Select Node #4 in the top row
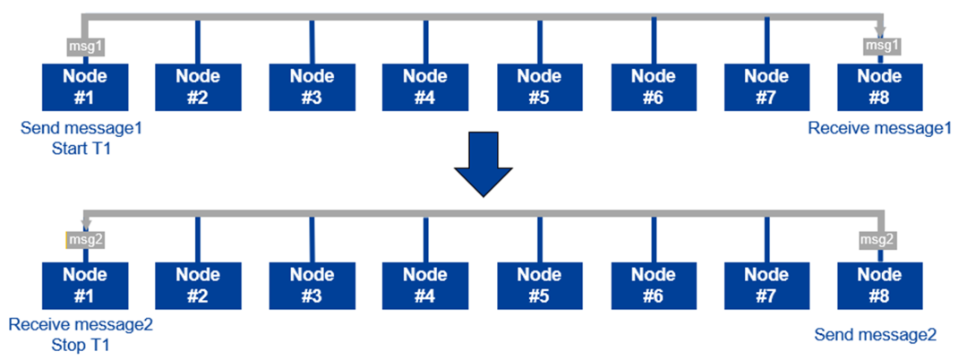pyautogui.click(x=425, y=87)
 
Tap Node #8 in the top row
pyautogui.click(x=880, y=87)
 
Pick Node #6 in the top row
pyautogui.click(x=654, y=87)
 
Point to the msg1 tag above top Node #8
pyautogui.click(x=879, y=47)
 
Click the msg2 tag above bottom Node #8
pyautogui.click(x=879, y=240)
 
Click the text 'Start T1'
pyautogui.click(x=81, y=149)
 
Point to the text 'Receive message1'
pyautogui.click(x=879, y=129)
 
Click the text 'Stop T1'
pyautogui.click(x=81, y=343)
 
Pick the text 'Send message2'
pyautogui.click(x=876, y=335)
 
